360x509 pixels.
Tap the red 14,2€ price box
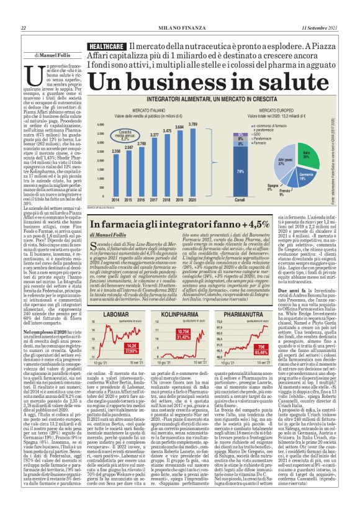131,345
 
